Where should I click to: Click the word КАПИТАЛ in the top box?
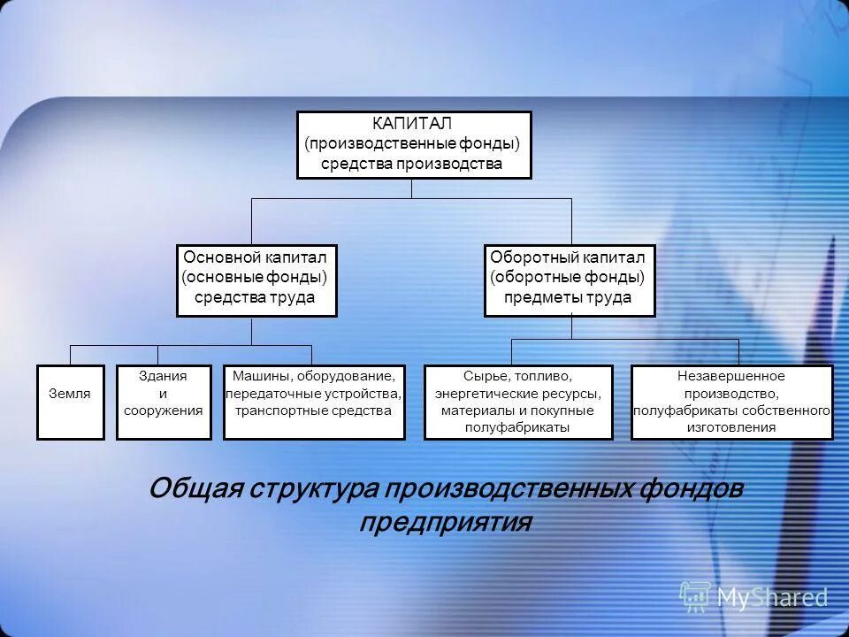412,124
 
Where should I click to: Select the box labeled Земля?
70,402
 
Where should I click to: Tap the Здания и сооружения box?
164,402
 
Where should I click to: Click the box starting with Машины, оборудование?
314,402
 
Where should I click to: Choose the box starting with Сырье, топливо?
518,402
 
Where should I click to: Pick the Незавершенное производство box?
731,402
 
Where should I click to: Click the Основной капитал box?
256,280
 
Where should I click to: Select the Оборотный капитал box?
570,280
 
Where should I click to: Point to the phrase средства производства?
412,164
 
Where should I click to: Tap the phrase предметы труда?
568,298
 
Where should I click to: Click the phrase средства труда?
256,298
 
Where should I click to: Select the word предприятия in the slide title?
445,522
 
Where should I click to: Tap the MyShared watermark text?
772,597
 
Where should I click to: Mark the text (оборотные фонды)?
568,277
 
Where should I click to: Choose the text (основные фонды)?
256,277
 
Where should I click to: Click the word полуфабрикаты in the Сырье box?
518,427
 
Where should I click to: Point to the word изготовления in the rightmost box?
731,427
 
